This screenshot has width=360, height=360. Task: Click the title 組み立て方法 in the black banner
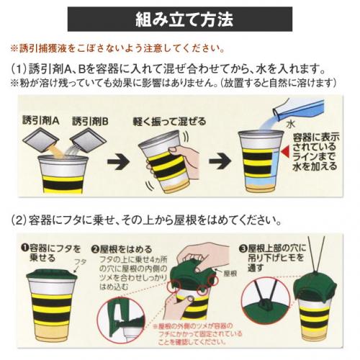point(184,19)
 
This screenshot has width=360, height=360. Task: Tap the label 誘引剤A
point(41,120)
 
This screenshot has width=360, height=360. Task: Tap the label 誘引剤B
point(90,122)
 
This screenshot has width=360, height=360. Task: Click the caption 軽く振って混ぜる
point(169,122)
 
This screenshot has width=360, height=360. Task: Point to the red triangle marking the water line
point(286,152)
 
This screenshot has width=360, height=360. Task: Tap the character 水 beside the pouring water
point(290,125)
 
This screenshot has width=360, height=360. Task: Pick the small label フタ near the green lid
point(80,262)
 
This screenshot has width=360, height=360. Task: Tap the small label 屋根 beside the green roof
point(230,274)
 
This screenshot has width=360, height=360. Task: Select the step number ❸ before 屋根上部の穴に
point(243,248)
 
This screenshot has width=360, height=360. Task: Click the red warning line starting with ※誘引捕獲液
point(118,48)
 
